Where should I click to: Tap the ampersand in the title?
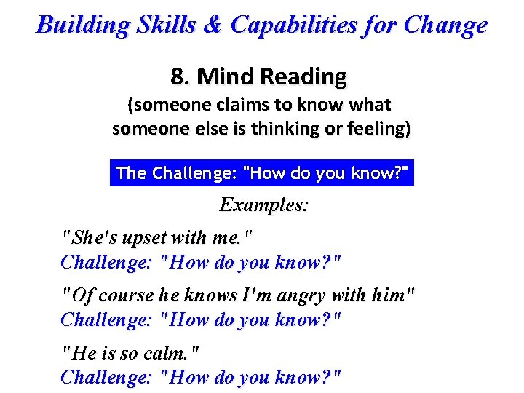(212, 25)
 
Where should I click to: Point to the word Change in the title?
(445, 25)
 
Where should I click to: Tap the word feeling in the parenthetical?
(379, 129)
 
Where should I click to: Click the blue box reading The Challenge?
(262, 173)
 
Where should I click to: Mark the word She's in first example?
(88, 237)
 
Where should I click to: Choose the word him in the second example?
(393, 295)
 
